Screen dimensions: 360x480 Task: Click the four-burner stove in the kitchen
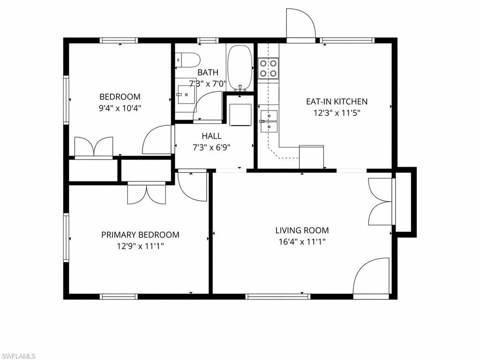click(x=269, y=68)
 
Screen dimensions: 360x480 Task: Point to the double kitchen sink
click(x=269, y=120)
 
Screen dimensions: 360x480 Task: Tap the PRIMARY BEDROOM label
click(x=140, y=234)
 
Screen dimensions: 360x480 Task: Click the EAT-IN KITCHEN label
click(x=336, y=101)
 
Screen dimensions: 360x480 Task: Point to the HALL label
click(x=211, y=136)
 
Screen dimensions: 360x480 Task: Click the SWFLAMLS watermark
click(x=19, y=356)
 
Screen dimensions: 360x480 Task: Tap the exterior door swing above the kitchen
click(x=301, y=23)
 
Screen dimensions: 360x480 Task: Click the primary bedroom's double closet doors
click(x=146, y=193)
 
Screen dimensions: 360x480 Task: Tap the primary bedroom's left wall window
click(x=66, y=237)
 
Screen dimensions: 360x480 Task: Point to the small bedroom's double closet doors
click(x=94, y=146)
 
